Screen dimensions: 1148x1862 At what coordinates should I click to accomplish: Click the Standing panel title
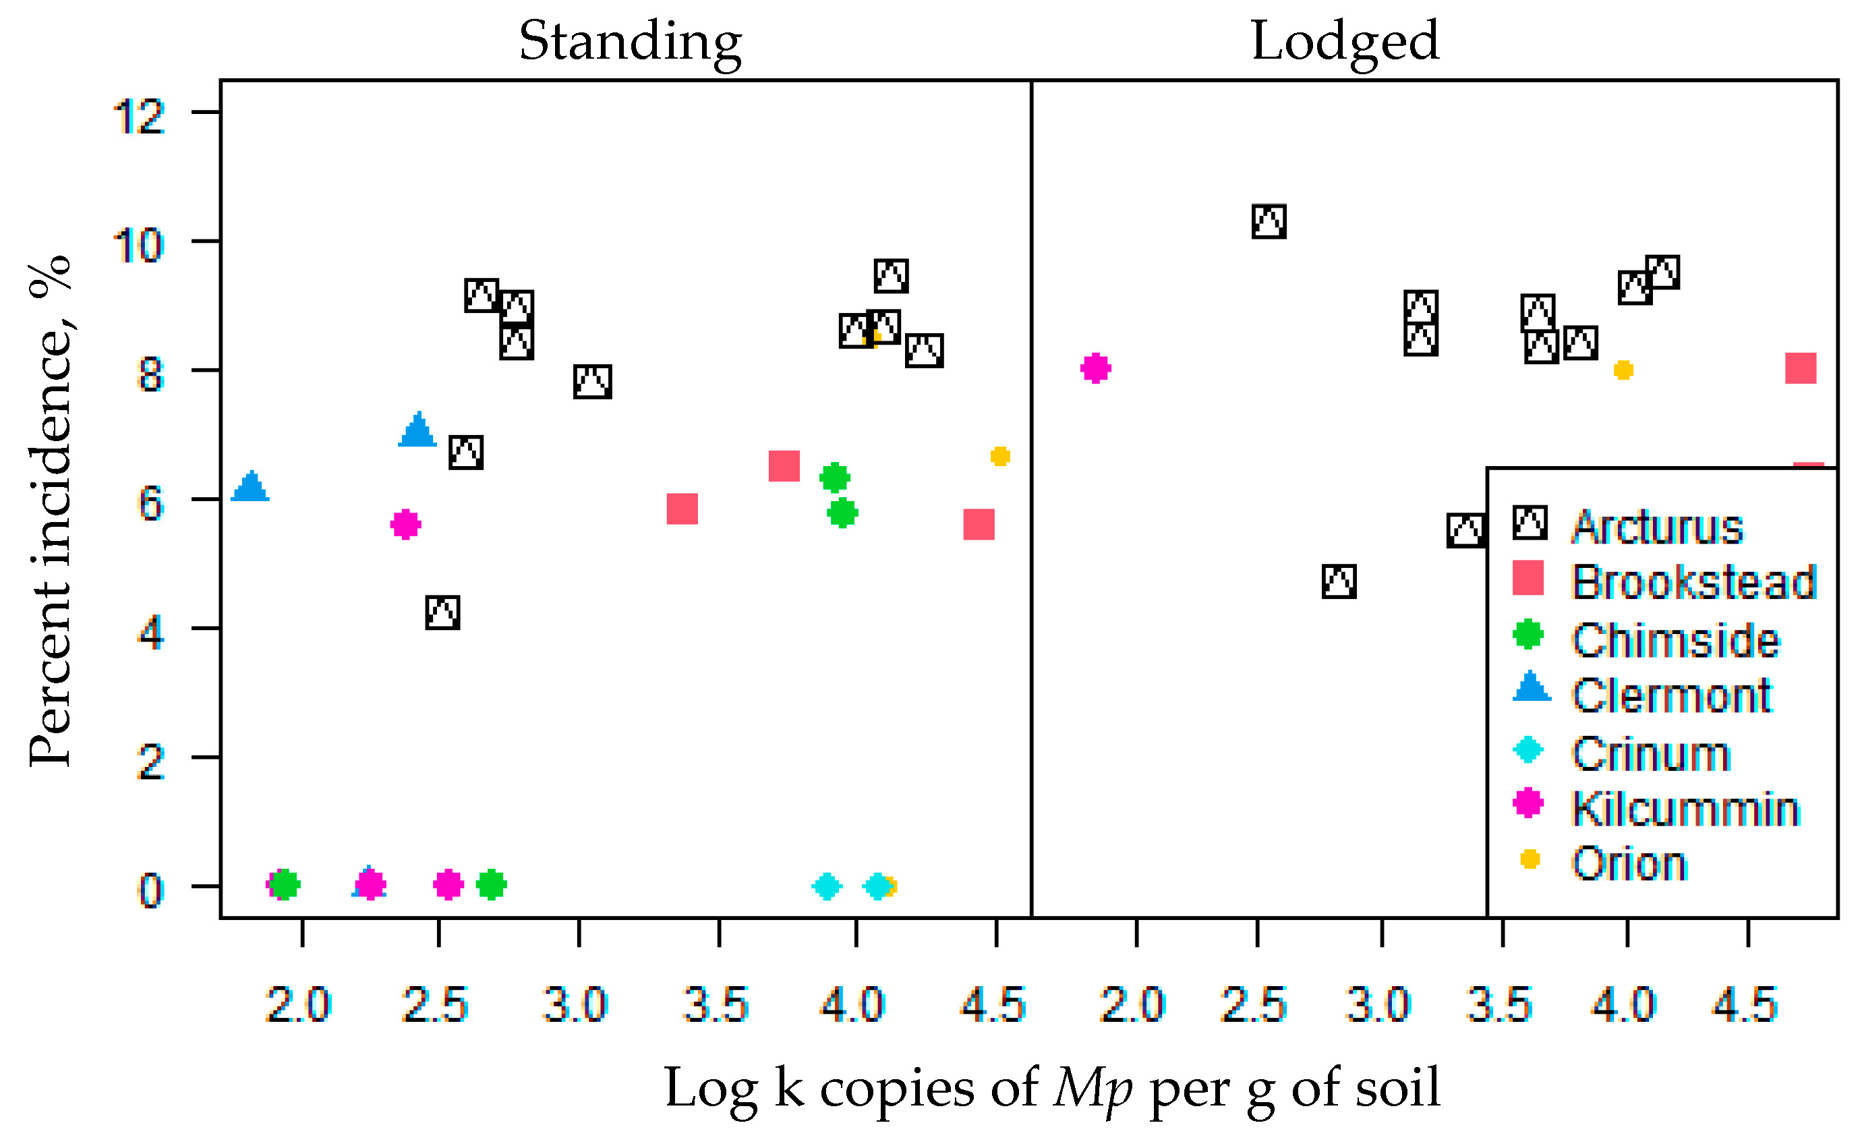click(x=630, y=42)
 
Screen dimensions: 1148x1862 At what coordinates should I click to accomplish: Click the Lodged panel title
click(x=1344, y=42)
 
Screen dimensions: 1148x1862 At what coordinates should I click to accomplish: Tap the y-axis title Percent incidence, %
click(x=50, y=512)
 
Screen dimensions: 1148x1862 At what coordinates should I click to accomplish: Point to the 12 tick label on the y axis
click(x=139, y=117)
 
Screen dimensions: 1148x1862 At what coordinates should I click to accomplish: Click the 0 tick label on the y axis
click(x=150, y=890)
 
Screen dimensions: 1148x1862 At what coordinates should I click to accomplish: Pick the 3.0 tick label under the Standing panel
click(x=575, y=1005)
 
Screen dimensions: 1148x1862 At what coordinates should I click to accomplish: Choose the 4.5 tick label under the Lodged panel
click(x=1745, y=1005)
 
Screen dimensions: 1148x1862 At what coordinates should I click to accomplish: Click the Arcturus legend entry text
click(x=1657, y=527)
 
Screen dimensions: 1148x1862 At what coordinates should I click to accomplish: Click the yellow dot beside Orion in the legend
click(x=1530, y=859)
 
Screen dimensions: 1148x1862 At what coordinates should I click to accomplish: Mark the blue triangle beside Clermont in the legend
click(x=1531, y=687)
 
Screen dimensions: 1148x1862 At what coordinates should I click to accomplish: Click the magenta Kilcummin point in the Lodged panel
click(x=1095, y=368)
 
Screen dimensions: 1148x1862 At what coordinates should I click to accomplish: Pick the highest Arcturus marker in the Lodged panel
click(x=1269, y=222)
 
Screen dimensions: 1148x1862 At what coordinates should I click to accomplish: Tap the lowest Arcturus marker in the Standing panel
click(x=442, y=612)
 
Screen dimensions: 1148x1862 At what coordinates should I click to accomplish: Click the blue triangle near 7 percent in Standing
click(x=417, y=430)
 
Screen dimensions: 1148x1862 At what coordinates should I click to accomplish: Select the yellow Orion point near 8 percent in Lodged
click(x=1623, y=370)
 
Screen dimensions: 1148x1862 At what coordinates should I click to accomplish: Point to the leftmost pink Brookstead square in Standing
click(x=682, y=509)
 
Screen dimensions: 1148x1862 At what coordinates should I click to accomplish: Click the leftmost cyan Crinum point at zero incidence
click(x=827, y=886)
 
